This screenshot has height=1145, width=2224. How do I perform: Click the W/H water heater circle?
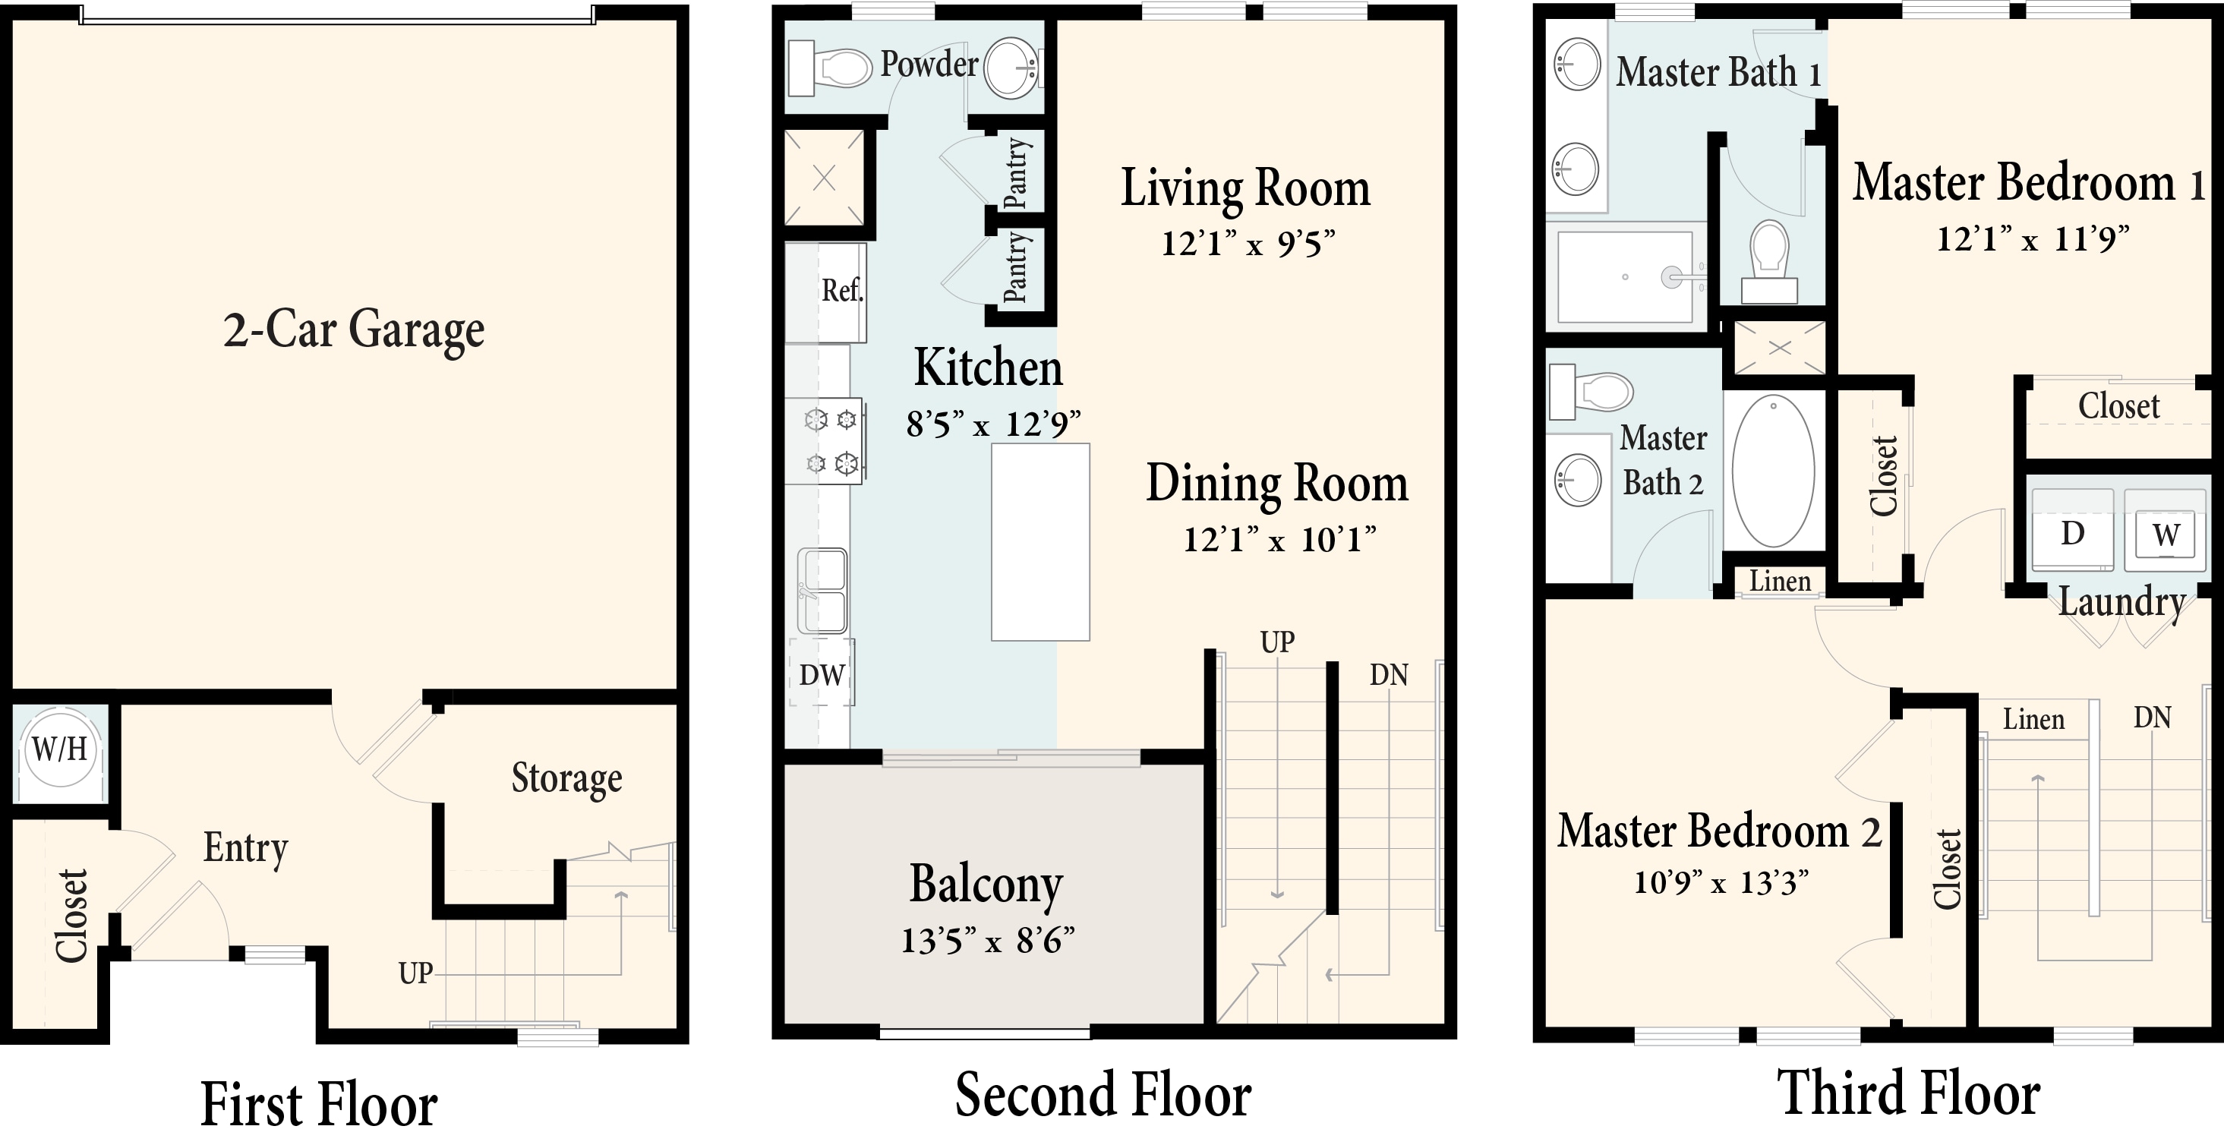[59, 748]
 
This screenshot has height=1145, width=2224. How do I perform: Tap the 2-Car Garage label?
[354, 331]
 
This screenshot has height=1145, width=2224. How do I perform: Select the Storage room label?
[566, 779]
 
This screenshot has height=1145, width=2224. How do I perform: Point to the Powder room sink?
[1012, 67]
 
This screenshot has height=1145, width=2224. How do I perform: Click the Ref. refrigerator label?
[842, 290]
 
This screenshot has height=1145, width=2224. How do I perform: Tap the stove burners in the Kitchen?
[830, 441]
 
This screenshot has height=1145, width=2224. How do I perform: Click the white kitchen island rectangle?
[1039, 542]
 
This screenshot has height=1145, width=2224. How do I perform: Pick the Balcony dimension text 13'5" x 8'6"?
[988, 940]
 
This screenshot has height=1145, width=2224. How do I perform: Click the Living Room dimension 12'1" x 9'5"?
[1248, 244]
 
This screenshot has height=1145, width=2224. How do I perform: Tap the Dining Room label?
[1277, 484]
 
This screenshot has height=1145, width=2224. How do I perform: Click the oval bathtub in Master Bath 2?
[1773, 472]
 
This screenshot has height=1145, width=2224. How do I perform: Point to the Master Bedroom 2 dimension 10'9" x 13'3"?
[1721, 882]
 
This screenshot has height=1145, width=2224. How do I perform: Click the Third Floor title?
[1908, 1094]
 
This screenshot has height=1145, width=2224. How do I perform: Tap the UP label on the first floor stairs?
[415, 974]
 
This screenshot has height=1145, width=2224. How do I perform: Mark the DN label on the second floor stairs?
[1388, 674]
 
